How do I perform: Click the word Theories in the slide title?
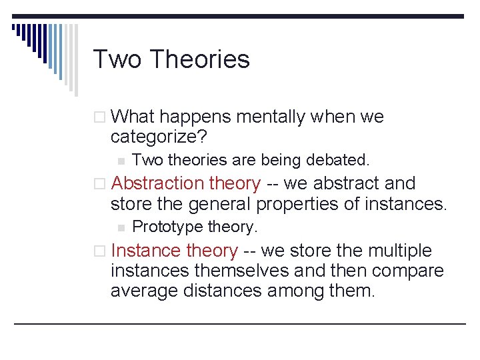(199, 59)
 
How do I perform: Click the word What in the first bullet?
(133, 117)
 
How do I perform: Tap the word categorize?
(159, 137)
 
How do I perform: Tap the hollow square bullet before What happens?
(99, 117)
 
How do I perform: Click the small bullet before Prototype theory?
(120, 227)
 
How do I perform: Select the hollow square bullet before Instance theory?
(99, 251)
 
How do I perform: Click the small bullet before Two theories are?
(120, 161)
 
